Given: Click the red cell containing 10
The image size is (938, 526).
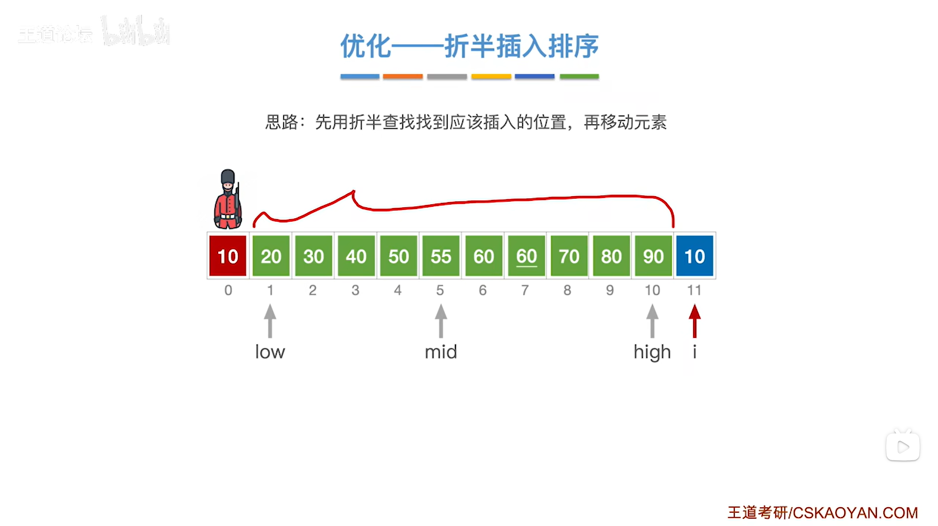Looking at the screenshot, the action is click(227, 256).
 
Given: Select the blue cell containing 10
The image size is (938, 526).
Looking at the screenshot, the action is click(694, 256).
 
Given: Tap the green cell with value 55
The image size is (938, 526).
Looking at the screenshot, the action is click(441, 256).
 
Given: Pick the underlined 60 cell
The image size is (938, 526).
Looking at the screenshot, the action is click(526, 256).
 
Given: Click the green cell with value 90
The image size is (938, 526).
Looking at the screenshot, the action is click(653, 256).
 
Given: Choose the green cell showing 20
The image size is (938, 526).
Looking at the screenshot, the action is click(271, 256).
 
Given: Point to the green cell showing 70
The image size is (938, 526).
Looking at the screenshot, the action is click(568, 256).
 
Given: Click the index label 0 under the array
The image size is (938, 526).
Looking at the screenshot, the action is click(228, 290).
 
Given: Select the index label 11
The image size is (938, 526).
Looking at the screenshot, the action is click(694, 290).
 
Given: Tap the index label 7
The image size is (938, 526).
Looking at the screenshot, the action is click(525, 290).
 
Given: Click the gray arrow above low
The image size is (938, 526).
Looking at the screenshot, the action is click(270, 321).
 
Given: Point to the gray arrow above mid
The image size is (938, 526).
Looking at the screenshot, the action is click(441, 321).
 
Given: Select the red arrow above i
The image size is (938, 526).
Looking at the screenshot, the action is click(695, 321).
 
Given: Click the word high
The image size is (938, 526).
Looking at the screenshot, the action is click(652, 352).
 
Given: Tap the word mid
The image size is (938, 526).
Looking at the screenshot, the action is click(441, 352).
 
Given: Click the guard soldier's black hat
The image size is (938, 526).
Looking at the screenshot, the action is click(227, 176).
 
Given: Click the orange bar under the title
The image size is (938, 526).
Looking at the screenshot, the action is click(403, 77).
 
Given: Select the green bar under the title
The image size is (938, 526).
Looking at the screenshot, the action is click(579, 77).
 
